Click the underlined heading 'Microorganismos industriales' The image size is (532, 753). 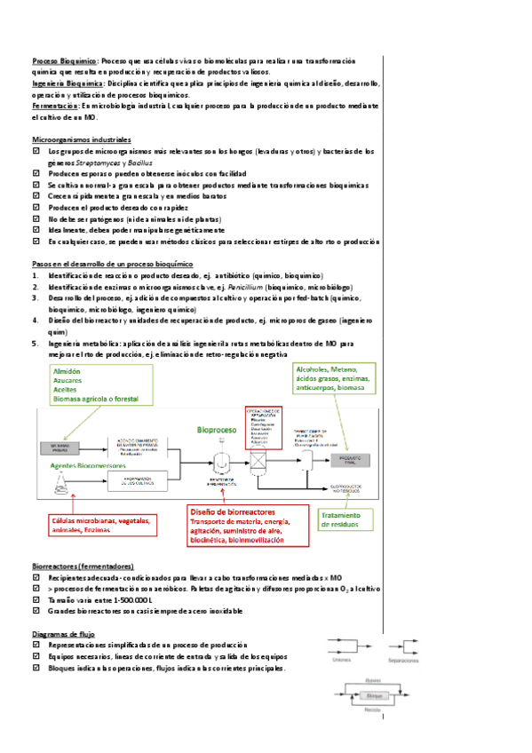[x=81, y=140]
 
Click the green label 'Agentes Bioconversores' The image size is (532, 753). [x=77, y=464]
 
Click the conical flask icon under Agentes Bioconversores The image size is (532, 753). [x=60, y=482]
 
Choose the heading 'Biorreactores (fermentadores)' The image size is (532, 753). [x=83, y=566]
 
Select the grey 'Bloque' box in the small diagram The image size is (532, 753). [x=373, y=696]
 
